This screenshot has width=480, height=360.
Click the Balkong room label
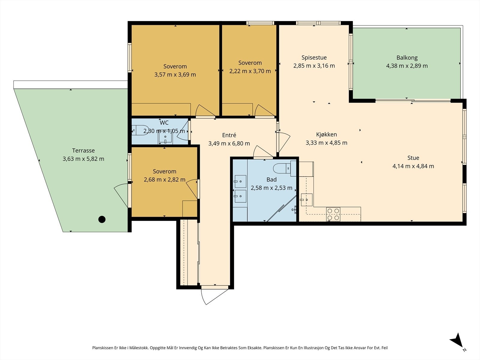pyautogui.click(x=407, y=58)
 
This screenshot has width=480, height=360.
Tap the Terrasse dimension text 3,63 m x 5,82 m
pyautogui.click(x=83, y=159)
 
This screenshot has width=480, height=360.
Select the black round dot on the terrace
pyautogui.click(x=102, y=219)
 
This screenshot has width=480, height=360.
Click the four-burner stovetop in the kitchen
pyautogui.click(x=333, y=214)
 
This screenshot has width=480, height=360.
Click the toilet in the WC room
pyautogui.click(x=140, y=130)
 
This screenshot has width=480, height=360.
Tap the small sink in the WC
pyautogui.click(x=165, y=138)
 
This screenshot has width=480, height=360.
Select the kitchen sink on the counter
pyautogui.click(x=307, y=200)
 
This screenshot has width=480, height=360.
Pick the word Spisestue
pyautogui.click(x=314, y=58)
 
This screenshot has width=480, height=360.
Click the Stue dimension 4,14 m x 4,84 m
pyautogui.click(x=413, y=166)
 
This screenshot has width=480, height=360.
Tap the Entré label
pyautogui.click(x=229, y=135)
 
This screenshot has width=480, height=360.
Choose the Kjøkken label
pyautogui.click(x=326, y=134)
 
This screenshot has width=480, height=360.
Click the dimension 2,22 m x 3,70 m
pyautogui.click(x=250, y=71)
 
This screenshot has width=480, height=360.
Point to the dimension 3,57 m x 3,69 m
pyautogui.click(x=175, y=74)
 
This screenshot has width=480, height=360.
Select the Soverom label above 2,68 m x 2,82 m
pyautogui.click(x=164, y=171)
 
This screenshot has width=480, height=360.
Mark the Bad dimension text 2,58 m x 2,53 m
pyautogui.click(x=271, y=188)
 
